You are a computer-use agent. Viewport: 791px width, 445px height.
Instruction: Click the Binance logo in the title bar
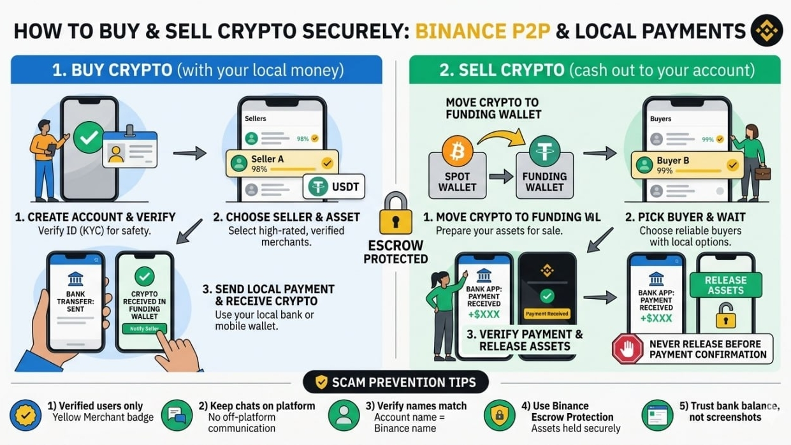coord(766,31)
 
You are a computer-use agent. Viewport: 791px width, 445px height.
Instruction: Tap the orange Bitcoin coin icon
coord(457,152)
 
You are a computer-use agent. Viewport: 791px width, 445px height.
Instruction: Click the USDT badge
coord(333,186)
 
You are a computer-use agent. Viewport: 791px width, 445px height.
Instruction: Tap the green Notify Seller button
coord(144,329)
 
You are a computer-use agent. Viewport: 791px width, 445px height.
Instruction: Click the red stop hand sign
coord(627,349)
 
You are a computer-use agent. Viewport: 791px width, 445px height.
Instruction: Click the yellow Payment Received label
coord(547,314)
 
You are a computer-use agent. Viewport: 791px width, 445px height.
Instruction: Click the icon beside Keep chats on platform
coord(177,415)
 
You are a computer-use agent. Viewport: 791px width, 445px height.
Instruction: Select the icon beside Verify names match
coord(344,415)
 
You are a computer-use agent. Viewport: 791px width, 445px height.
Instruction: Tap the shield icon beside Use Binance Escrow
coord(499,415)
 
